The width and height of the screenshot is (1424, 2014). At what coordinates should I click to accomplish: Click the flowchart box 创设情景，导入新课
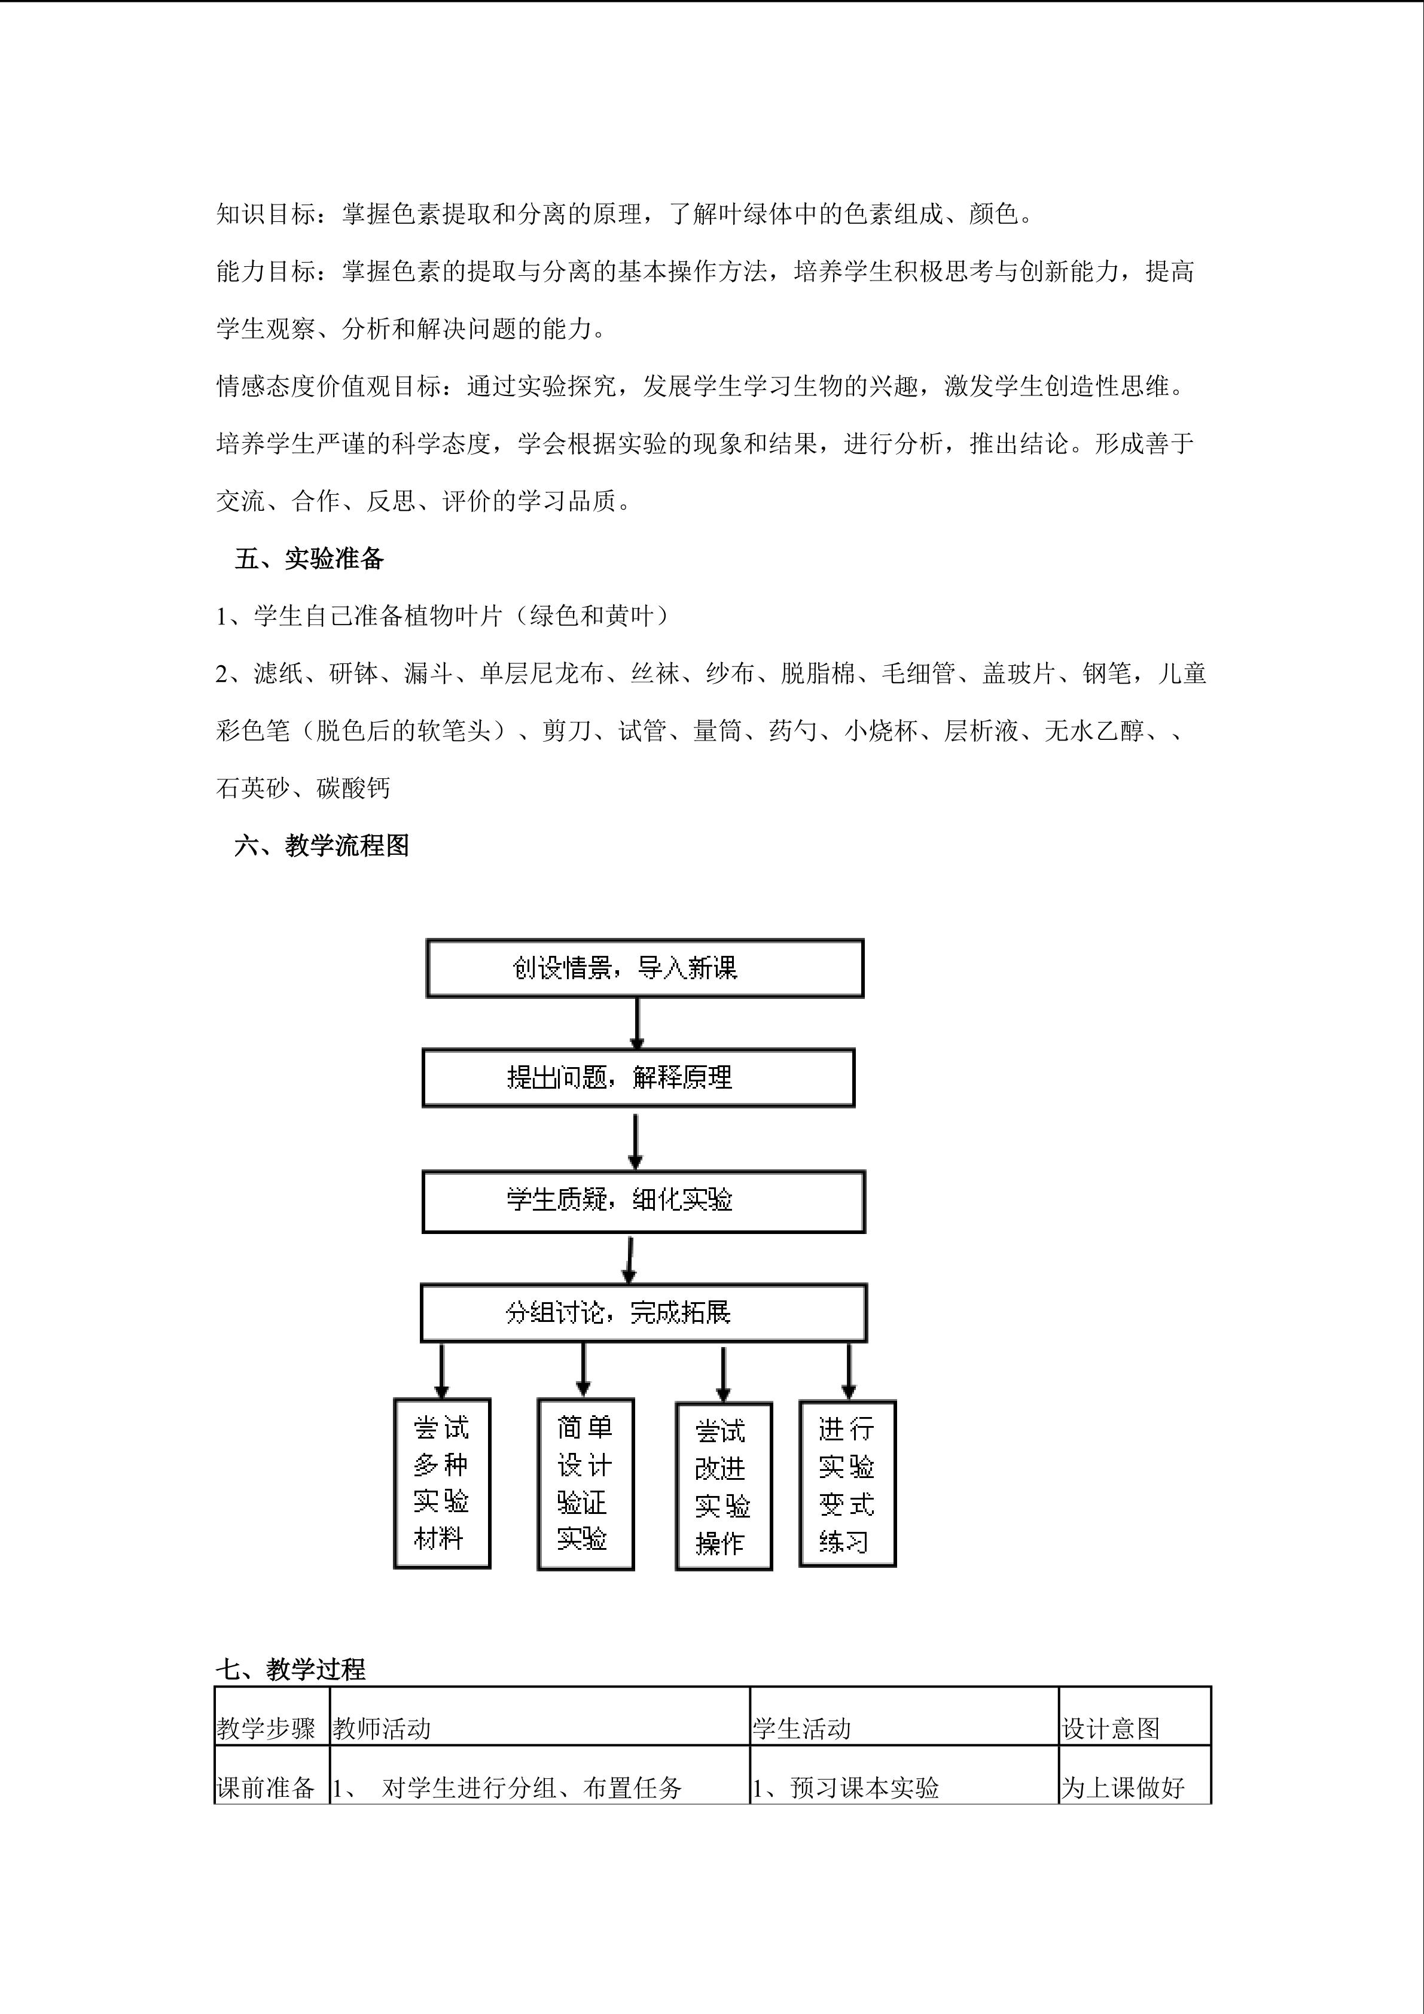[x=645, y=968]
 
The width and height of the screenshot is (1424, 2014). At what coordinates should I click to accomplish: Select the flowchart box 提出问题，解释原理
[x=638, y=1077]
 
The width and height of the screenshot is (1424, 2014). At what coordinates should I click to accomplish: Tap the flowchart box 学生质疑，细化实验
[x=644, y=1201]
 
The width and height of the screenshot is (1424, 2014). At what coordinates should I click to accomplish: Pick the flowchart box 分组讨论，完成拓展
[x=644, y=1312]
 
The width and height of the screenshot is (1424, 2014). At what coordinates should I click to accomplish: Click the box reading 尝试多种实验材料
[x=442, y=1482]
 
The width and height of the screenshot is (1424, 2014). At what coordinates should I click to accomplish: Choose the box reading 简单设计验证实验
[x=585, y=1482]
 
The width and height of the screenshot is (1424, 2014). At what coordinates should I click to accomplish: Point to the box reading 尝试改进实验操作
[x=724, y=1486]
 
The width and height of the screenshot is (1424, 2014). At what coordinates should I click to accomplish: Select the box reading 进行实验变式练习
[x=847, y=1482]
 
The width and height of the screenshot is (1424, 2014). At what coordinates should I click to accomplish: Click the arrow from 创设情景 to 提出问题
[x=638, y=1023]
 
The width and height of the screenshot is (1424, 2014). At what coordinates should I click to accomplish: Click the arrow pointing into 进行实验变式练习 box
[x=848, y=1370]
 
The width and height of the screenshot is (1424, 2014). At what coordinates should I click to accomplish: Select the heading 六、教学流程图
[x=321, y=846]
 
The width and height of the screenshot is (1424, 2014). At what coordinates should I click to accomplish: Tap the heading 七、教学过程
[x=291, y=1669]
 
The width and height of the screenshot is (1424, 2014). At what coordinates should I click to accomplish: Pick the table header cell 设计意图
[x=1111, y=1729]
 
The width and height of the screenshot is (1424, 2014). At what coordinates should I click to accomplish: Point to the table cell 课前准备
[x=266, y=1788]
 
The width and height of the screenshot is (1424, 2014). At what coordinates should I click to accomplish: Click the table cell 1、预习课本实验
[x=846, y=1788]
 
